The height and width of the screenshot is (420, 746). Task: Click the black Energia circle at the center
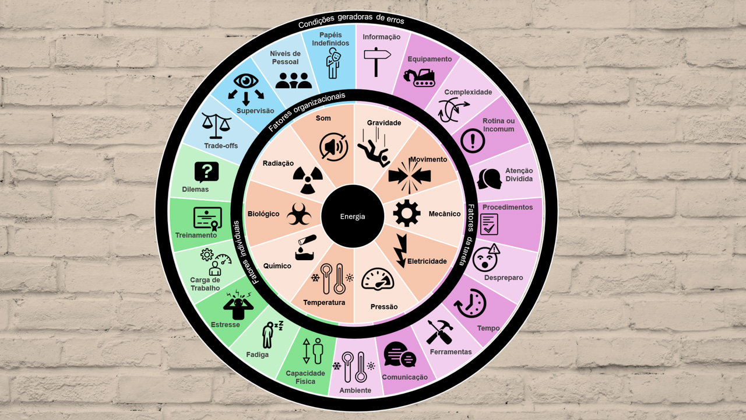tap(353, 216)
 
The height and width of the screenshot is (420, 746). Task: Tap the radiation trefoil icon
tap(308, 180)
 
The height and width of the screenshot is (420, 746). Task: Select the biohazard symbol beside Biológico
tap(299, 214)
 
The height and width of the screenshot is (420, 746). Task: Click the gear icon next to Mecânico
tap(407, 213)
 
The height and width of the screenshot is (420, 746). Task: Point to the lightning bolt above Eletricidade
tap(400, 251)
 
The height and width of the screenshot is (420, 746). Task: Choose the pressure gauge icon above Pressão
tap(378, 279)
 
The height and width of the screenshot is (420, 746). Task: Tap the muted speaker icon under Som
tap(334, 147)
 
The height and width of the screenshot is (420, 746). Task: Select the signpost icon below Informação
tap(377, 62)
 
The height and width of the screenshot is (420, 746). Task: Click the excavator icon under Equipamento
tap(419, 78)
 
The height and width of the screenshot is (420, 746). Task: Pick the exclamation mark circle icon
tap(472, 141)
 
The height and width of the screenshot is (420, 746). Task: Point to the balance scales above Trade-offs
tap(216, 126)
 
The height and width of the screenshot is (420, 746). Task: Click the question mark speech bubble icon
tap(206, 172)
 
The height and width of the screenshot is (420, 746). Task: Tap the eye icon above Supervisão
tap(246, 81)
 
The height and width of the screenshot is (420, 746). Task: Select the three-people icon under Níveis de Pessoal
tap(294, 80)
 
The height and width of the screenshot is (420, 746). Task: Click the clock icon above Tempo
tap(470, 303)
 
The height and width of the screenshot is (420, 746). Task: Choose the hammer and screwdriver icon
tap(439, 332)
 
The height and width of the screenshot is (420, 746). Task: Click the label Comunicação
tap(404, 377)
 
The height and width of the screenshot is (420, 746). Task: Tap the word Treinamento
tap(196, 235)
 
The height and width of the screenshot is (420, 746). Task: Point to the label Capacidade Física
tap(305, 377)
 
